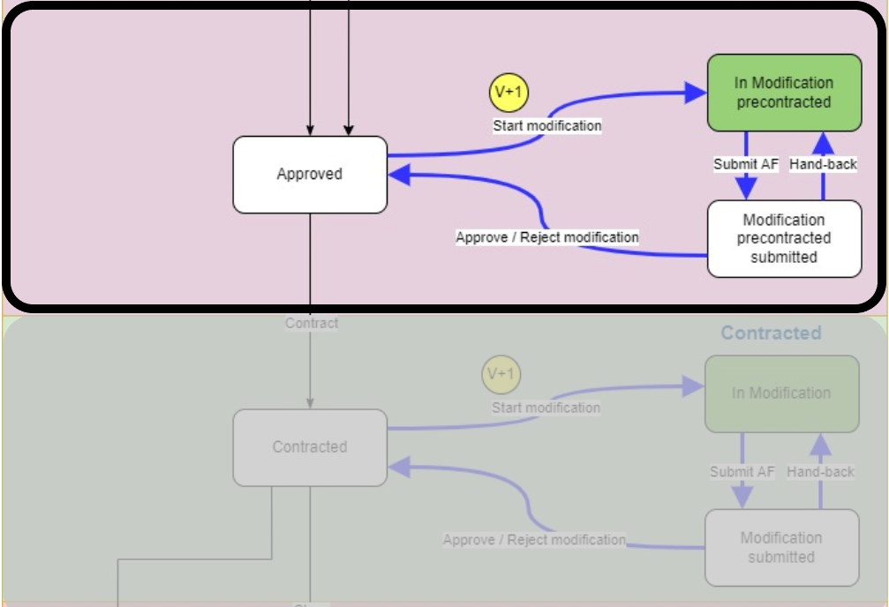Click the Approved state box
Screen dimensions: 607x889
tap(310, 175)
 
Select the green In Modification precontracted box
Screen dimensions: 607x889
tap(784, 93)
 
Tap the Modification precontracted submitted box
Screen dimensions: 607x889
tap(784, 238)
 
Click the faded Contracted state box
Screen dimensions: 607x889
tap(310, 447)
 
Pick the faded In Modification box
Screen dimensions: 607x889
tap(781, 393)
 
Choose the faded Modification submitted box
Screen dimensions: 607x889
tap(781, 547)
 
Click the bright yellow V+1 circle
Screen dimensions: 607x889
tap(509, 94)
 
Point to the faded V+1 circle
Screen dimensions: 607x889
tap(501, 375)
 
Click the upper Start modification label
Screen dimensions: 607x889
tap(547, 126)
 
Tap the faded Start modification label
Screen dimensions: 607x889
tap(546, 408)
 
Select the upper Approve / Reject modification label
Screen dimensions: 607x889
tap(547, 237)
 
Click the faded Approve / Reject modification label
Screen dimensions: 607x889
tap(534, 540)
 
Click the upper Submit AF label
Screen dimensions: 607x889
tap(746, 164)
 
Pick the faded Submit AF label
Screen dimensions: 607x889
tap(742, 472)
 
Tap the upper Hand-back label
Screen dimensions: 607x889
tap(823, 164)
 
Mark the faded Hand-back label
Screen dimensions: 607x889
tap(820, 472)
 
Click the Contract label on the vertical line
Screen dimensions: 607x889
tap(312, 324)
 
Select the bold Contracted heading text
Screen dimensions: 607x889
tap(771, 333)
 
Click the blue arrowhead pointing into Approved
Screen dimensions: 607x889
tap(399, 175)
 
